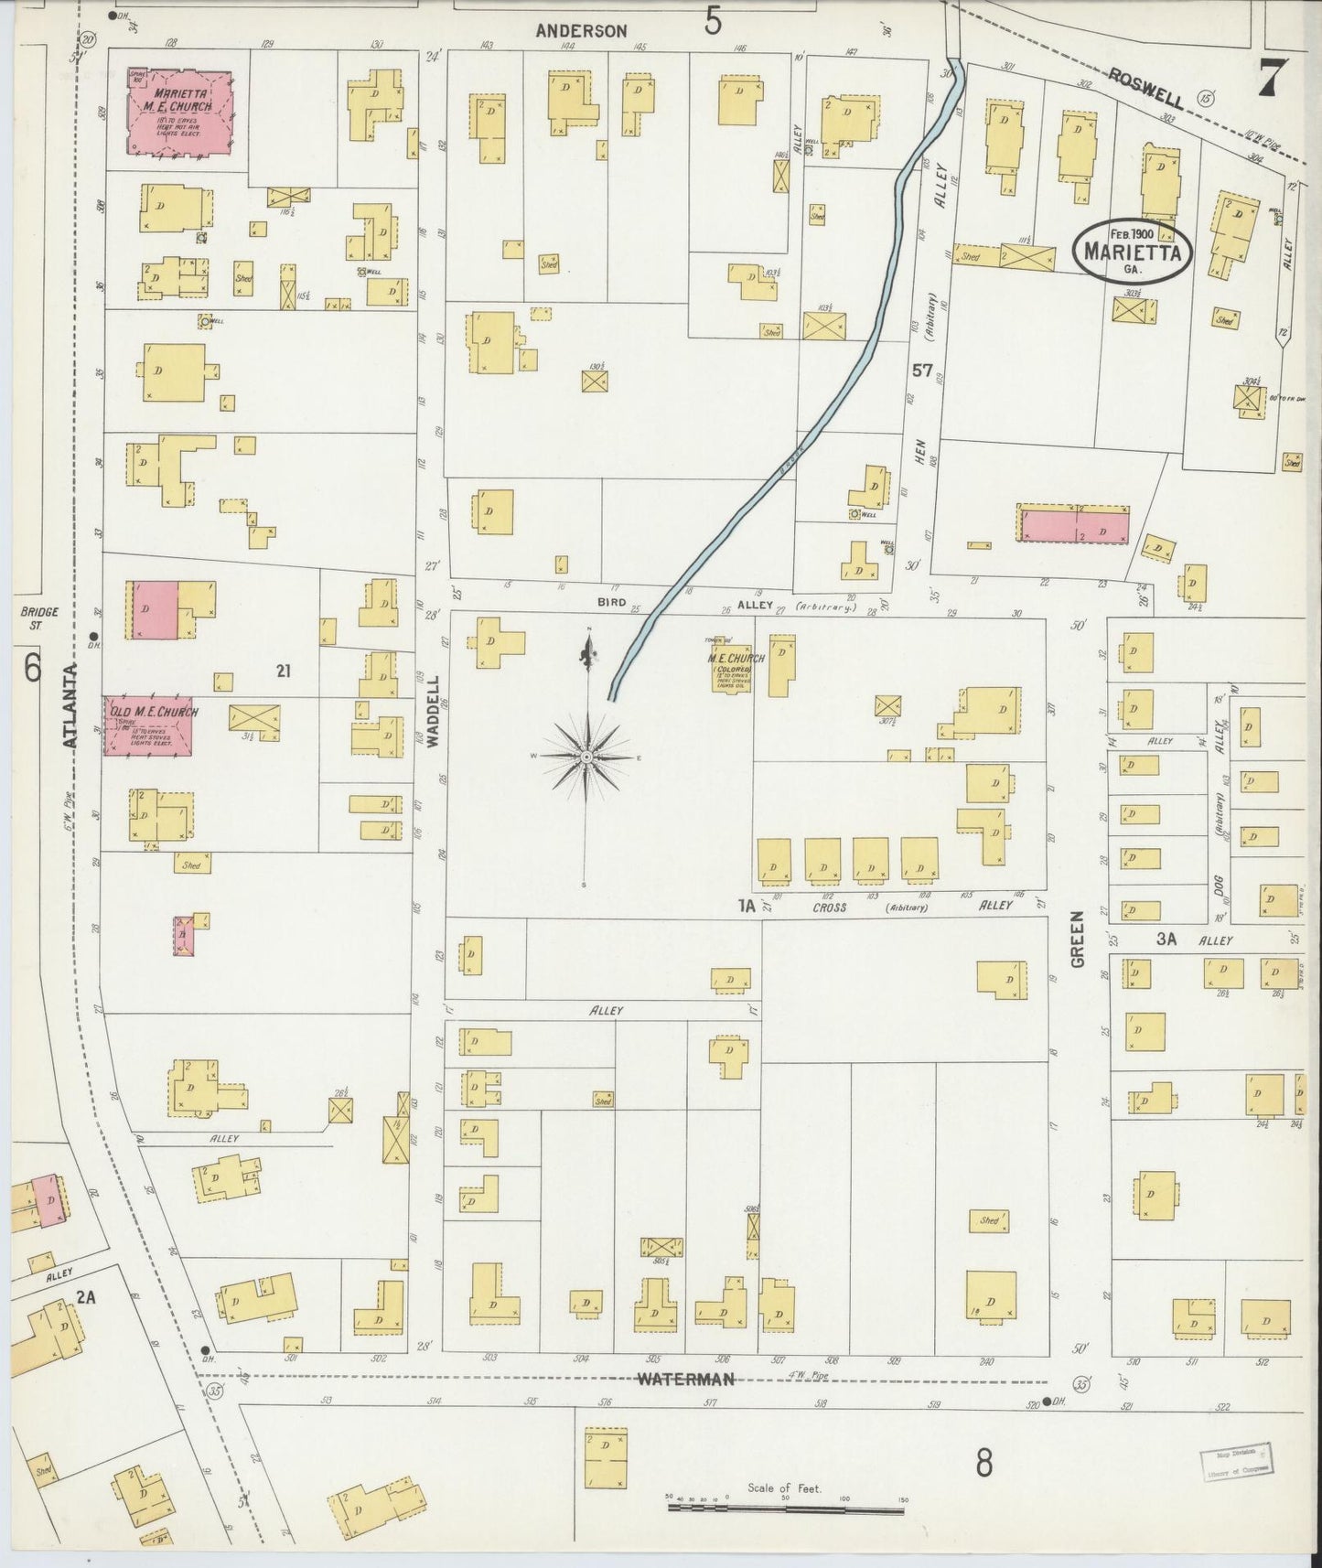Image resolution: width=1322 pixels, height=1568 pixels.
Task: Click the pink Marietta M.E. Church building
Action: pos(178,112)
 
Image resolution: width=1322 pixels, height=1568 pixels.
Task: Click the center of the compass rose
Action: pos(586,758)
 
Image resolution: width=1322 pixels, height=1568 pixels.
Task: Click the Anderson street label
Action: pos(581,31)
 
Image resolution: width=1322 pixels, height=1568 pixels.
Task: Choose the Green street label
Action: pos(1078,939)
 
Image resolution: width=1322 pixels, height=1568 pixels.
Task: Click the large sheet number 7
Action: pos(1273,77)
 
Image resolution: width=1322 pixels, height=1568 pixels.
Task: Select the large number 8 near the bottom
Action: pos(983,1465)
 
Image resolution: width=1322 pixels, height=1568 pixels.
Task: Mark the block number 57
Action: pos(921,371)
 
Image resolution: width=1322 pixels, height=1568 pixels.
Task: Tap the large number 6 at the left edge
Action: pos(33,669)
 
